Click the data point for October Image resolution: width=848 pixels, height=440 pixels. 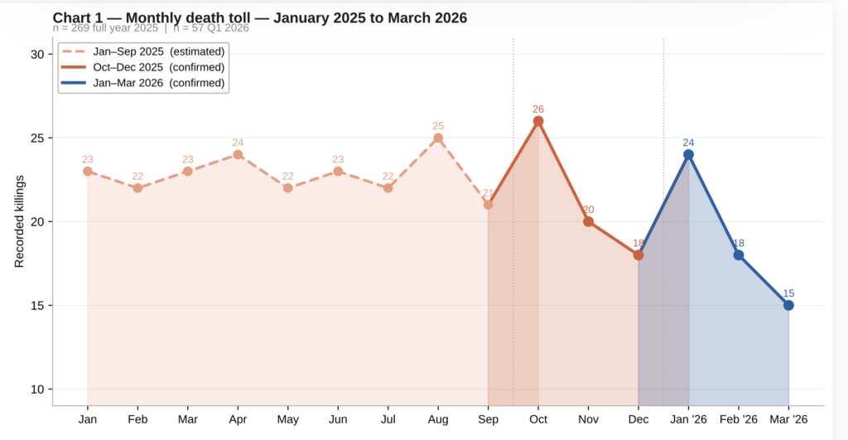(x=538, y=121)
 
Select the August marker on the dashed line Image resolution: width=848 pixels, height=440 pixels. (x=438, y=138)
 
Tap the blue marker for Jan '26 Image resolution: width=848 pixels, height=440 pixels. (x=688, y=155)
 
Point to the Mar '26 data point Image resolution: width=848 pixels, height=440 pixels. (x=788, y=305)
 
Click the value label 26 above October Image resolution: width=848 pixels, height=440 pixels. (x=538, y=109)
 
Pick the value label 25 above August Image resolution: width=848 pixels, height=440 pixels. (x=438, y=126)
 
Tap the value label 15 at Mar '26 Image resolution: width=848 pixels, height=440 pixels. (x=788, y=293)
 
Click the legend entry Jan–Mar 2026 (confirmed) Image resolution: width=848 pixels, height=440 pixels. (x=158, y=83)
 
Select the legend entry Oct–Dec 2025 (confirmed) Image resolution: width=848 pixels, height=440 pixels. (x=158, y=67)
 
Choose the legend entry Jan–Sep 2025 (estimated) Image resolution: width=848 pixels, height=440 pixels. (x=158, y=51)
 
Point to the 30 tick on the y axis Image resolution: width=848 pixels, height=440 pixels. (x=36, y=55)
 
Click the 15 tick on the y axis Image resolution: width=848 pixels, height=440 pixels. (x=36, y=306)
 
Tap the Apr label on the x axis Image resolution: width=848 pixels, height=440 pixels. (x=238, y=419)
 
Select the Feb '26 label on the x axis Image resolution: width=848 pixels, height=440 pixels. (x=738, y=419)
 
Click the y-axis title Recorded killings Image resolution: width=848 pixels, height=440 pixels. (x=19, y=221)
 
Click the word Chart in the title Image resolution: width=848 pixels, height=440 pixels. (x=71, y=17)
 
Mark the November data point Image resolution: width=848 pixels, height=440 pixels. (x=588, y=221)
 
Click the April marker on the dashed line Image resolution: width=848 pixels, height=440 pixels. (x=238, y=155)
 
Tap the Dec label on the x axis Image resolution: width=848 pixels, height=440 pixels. (x=638, y=419)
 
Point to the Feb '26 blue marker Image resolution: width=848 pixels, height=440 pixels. (x=738, y=255)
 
